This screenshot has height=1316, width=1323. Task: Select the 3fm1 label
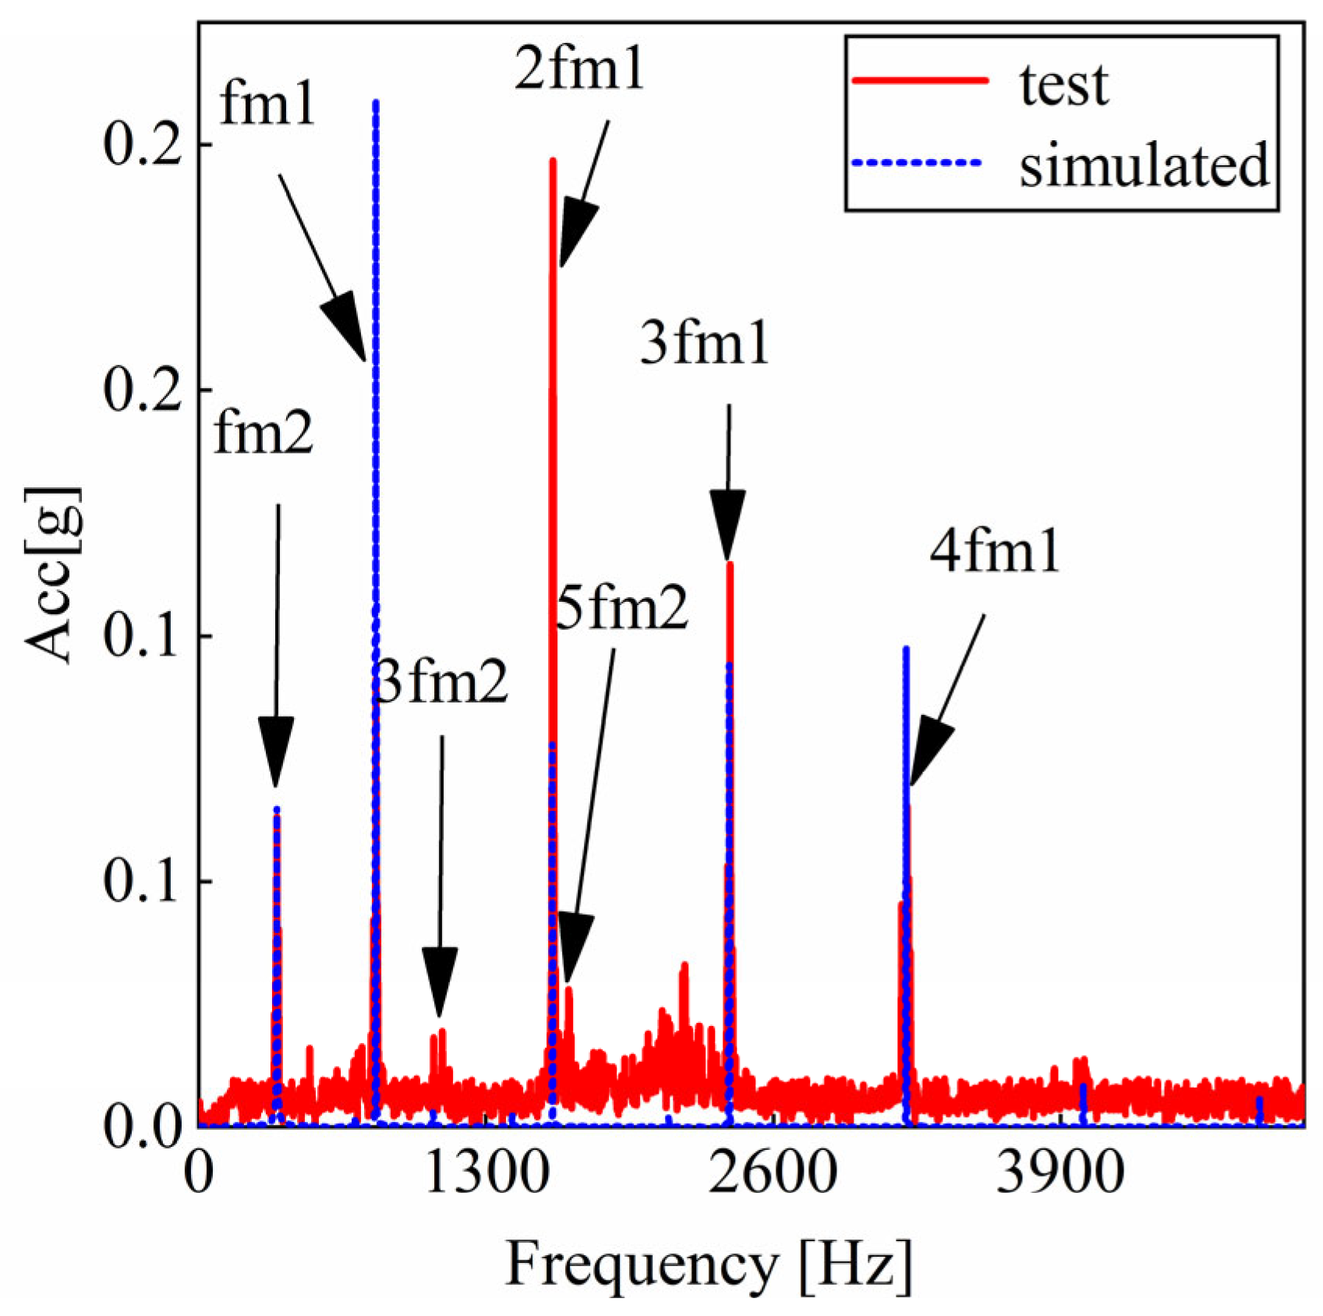click(x=704, y=342)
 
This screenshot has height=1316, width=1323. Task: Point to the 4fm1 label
click(x=995, y=550)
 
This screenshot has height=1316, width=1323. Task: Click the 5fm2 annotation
click(x=622, y=607)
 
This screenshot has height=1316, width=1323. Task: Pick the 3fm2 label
click(x=441, y=681)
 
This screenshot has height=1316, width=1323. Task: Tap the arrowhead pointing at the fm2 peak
click(x=275, y=749)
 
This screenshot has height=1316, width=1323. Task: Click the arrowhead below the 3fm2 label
click(x=440, y=980)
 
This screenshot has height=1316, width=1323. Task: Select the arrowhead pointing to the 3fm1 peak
click(x=727, y=523)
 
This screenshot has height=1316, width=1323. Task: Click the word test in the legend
click(x=1064, y=84)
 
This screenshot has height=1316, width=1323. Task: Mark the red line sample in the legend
click(x=920, y=80)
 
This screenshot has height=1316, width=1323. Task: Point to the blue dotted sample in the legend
click(x=917, y=162)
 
